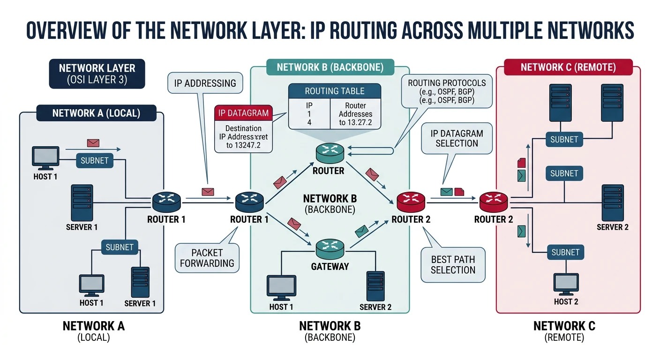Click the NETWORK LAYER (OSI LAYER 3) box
[97, 74]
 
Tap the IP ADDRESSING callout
[205, 83]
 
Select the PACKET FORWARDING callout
[207, 257]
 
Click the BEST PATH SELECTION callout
[453, 264]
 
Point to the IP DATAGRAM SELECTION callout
[457, 138]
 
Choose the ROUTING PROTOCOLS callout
[446, 91]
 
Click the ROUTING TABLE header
[334, 91]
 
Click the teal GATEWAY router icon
[330, 247]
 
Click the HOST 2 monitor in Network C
[566, 283]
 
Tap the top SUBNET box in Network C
[564, 139]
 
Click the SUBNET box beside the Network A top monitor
[95, 160]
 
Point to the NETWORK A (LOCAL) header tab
[96, 113]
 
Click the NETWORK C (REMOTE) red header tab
[568, 67]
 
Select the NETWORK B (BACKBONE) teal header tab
[330, 67]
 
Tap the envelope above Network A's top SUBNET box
[93, 143]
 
